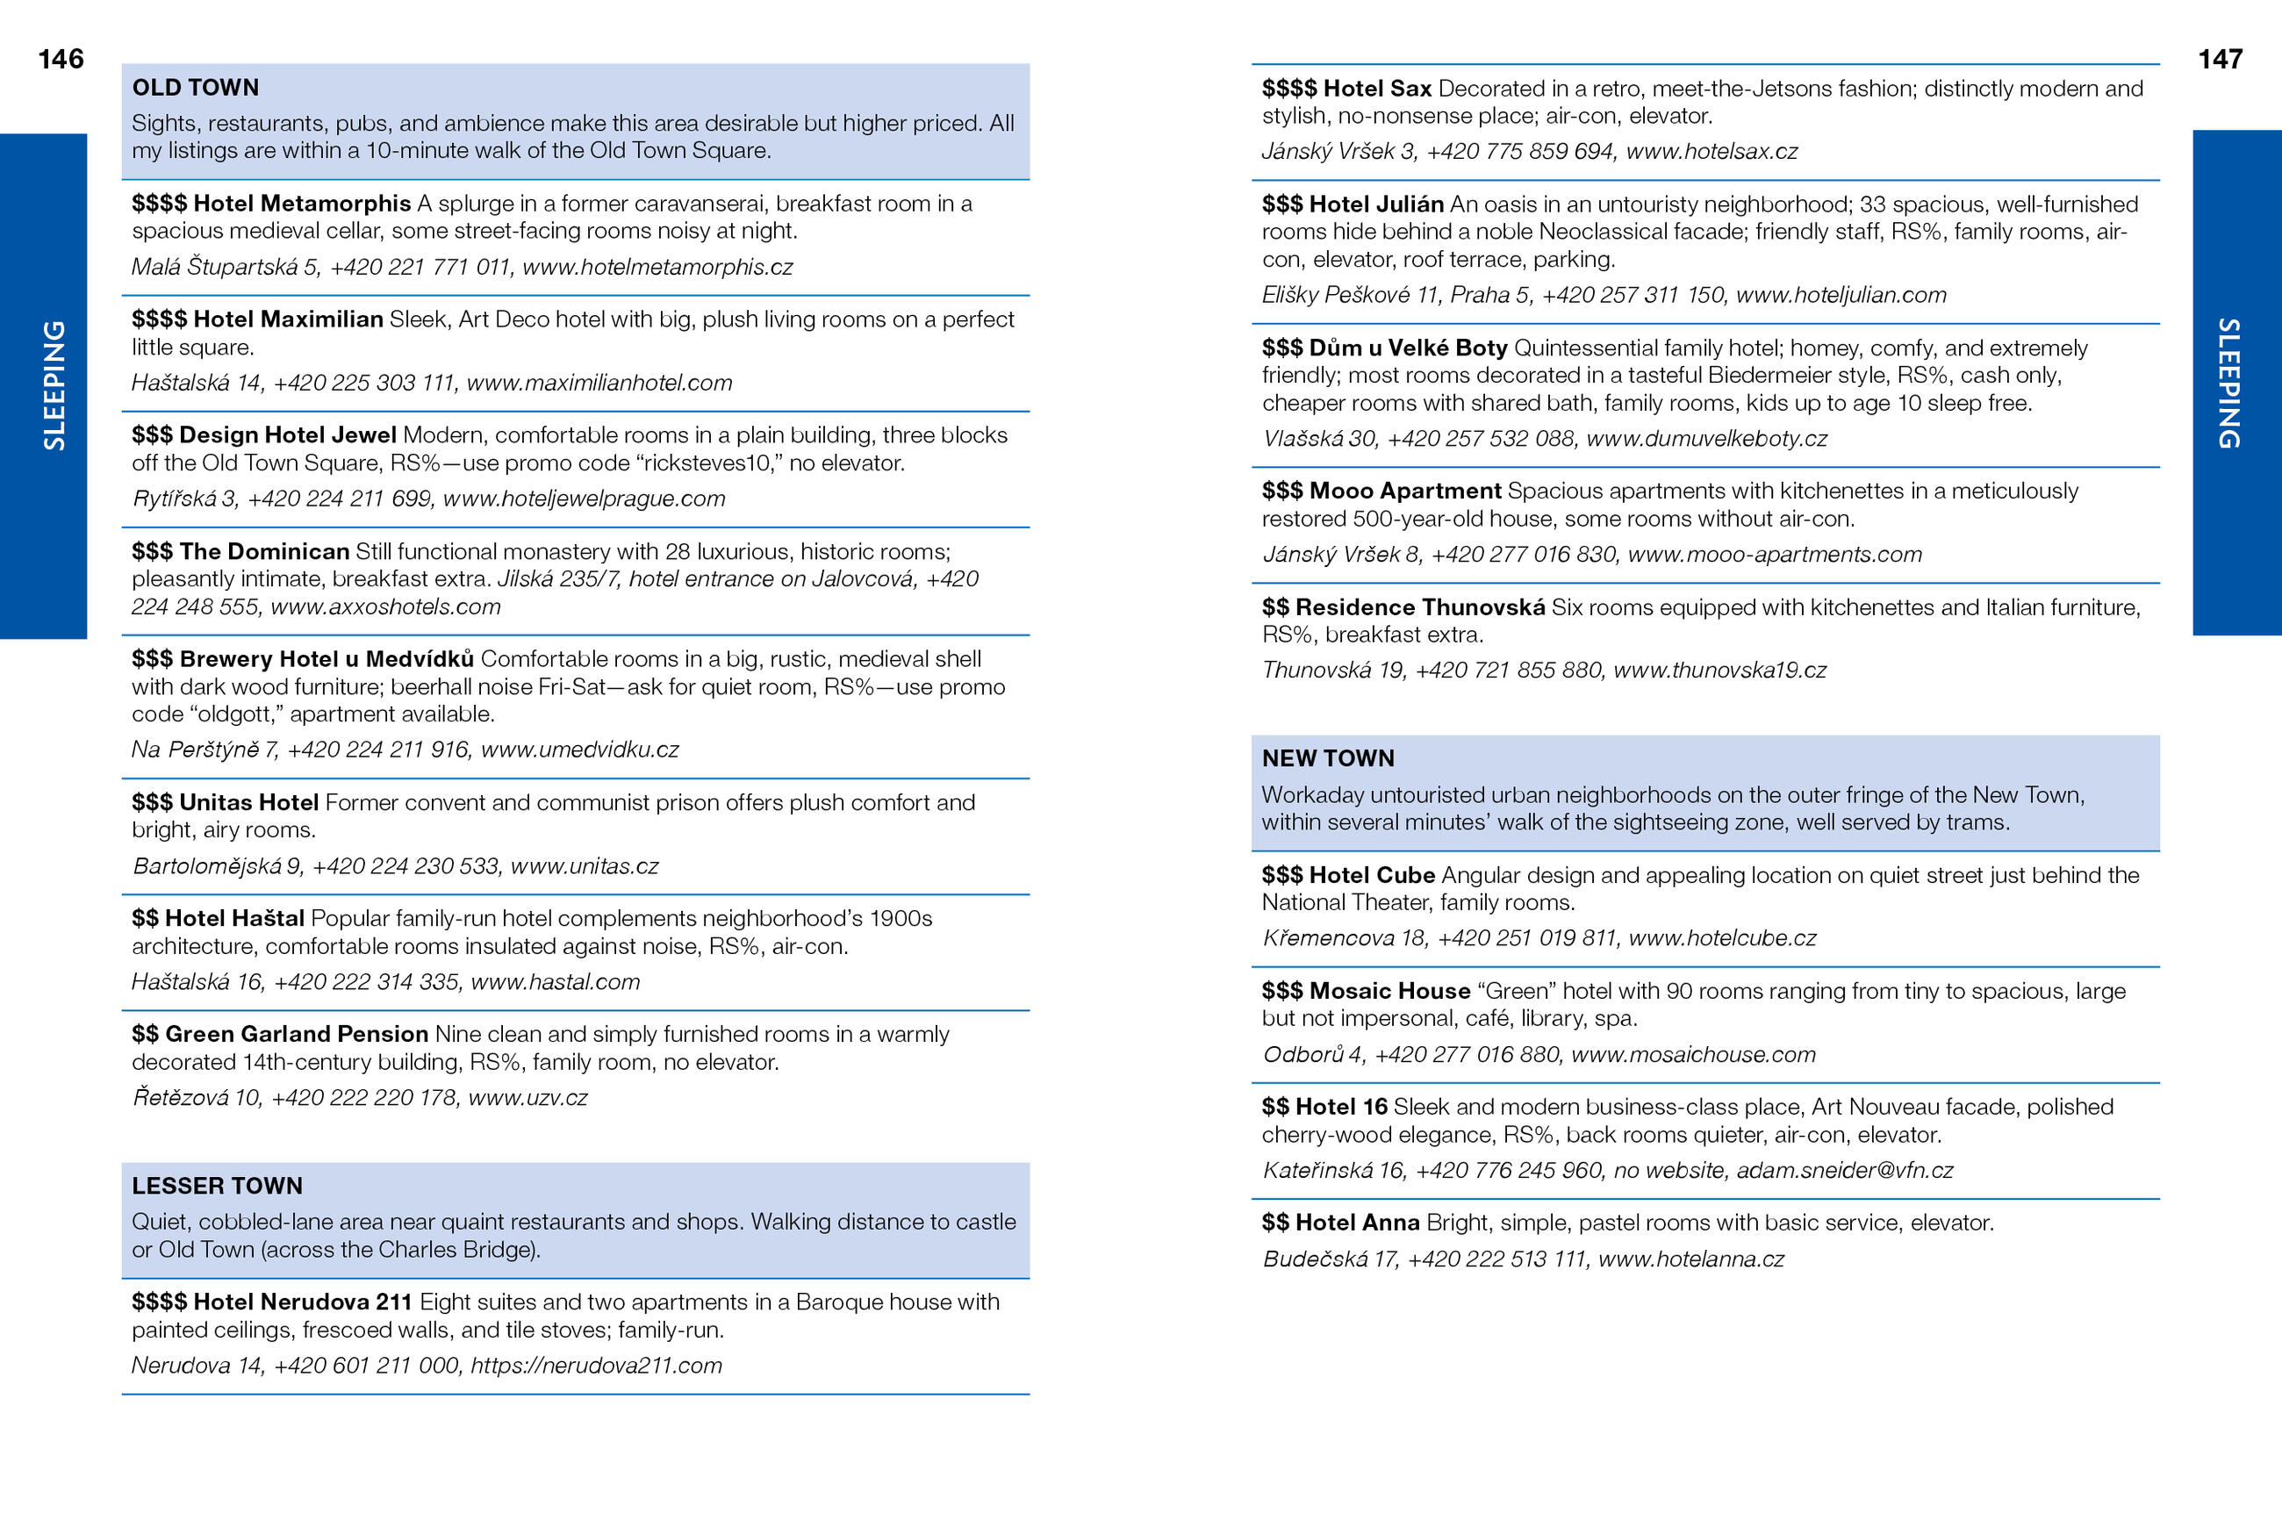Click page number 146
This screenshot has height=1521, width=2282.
pyautogui.click(x=61, y=59)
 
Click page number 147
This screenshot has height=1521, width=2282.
pyautogui.click(x=2219, y=59)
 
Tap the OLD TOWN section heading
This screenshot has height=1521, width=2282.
pyautogui.click(x=195, y=87)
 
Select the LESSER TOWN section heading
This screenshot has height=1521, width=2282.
pyautogui.click(x=218, y=1186)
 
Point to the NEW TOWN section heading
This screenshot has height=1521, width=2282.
pyautogui.click(x=1327, y=757)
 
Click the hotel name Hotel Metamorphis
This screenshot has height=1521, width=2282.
pyautogui.click(x=302, y=204)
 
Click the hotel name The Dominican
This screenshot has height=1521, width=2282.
pyautogui.click(x=264, y=551)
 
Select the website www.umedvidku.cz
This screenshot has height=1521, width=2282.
pyautogui.click(x=579, y=749)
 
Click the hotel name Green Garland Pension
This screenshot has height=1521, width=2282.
pyautogui.click(x=296, y=1034)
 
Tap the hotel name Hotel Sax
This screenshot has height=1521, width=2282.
pyautogui.click(x=1376, y=89)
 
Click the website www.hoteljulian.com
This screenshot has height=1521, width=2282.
pyautogui.click(x=1840, y=295)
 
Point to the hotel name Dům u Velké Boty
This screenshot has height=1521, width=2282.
pyautogui.click(x=1407, y=348)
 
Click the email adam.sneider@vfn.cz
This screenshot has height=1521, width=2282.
pyautogui.click(x=1844, y=1170)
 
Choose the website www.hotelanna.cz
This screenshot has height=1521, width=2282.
pyautogui.click(x=1690, y=1258)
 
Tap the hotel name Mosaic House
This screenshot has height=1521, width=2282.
pyautogui.click(x=1389, y=990)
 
